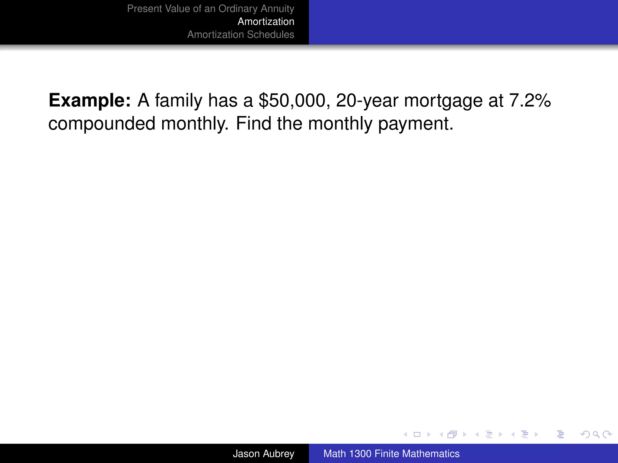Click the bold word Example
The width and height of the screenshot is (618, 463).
(89, 100)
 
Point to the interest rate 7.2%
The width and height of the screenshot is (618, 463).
(530, 100)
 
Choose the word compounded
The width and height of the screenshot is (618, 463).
(102, 124)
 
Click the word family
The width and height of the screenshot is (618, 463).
(178, 100)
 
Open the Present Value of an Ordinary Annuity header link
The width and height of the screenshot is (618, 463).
(211, 9)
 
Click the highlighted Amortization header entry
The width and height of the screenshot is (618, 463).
(266, 22)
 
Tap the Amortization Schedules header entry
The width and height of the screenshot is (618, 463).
(241, 35)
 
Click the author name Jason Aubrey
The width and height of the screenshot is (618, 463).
(263, 454)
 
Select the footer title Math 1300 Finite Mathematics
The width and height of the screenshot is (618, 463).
(391, 454)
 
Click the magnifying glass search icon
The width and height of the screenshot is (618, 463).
(596, 434)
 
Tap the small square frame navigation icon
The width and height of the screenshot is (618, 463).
(417, 434)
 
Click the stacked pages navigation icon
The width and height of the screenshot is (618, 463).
(452, 434)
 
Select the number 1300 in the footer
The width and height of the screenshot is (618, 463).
(360, 454)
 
